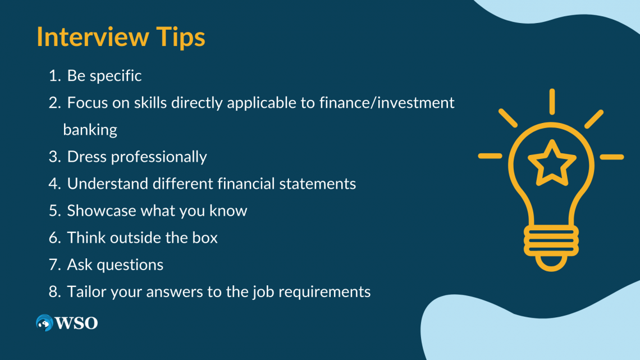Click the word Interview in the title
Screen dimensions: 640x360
click(x=93, y=37)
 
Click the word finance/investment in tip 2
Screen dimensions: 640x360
click(x=387, y=103)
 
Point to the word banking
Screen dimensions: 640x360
click(x=90, y=130)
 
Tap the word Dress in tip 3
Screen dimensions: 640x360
click(x=87, y=157)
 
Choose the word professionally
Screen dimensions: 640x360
click(x=159, y=157)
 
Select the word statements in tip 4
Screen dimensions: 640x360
click(x=318, y=184)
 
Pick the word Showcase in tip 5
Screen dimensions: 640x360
click(x=102, y=211)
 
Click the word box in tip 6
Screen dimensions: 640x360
click(x=205, y=238)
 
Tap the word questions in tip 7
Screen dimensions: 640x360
click(x=130, y=265)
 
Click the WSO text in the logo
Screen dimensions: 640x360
click(x=77, y=323)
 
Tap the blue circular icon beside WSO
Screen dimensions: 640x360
click(x=44, y=323)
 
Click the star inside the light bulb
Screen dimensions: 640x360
click(x=552, y=163)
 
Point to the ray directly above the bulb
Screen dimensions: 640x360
click(x=552, y=102)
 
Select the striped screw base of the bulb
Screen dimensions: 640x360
click(x=551, y=241)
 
